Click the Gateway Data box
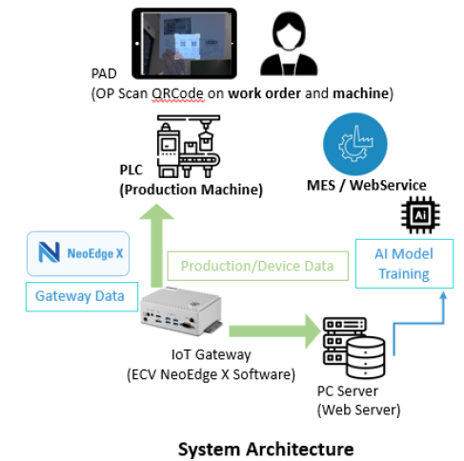pyautogui.click(x=80, y=295)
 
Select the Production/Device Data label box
pyautogui.click(x=257, y=266)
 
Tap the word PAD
pyautogui.click(x=105, y=73)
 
